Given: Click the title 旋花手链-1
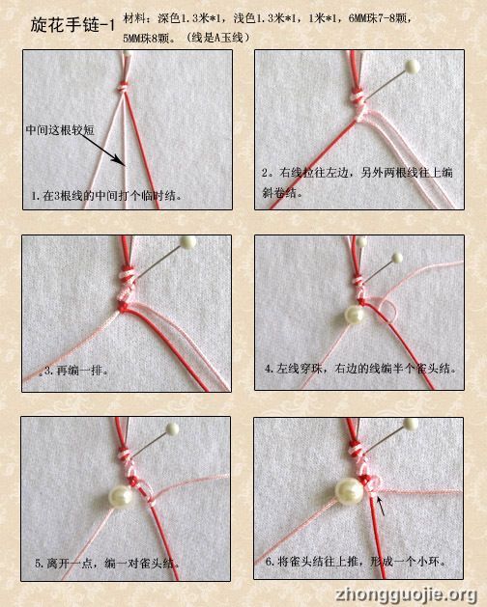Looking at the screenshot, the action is pos(72,25).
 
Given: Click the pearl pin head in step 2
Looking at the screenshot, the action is pos(412,67).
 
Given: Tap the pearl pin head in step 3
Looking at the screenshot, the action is pos(188,242).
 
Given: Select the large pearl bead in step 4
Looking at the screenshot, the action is pos(354,315).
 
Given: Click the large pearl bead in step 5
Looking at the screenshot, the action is pos(121,496).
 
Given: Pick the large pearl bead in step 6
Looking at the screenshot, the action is pos(349,491).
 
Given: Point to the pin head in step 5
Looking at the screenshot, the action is pos(172,428).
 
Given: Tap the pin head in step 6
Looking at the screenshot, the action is pos(411,425).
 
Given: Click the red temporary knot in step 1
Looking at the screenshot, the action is pos(123,87).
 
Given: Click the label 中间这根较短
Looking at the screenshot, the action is pos(60,130).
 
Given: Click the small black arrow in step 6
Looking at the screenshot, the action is pos(381,507).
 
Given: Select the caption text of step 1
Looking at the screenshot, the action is pos(107,196).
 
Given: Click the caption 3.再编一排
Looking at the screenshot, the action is pos(75,372).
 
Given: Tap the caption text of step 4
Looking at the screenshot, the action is pos(360,368).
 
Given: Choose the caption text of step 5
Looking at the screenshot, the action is pos(107,564).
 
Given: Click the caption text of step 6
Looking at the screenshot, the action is pos(356,561).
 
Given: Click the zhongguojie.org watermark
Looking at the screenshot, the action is pos(407,594).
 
